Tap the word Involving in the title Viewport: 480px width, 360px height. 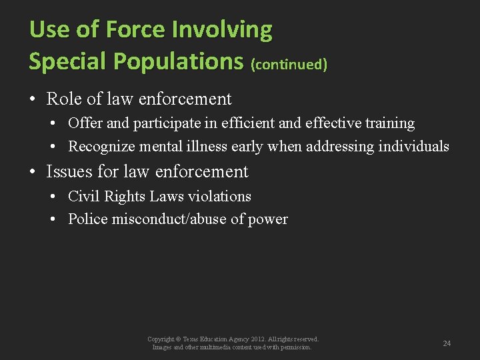click(222, 29)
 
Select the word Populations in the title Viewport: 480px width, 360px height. click(179, 61)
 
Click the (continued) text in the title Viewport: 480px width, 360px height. click(289, 65)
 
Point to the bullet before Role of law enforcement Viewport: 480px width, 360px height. click(32, 100)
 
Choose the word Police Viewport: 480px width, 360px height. click(87, 219)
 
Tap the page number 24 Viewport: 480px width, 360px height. click(447, 343)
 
